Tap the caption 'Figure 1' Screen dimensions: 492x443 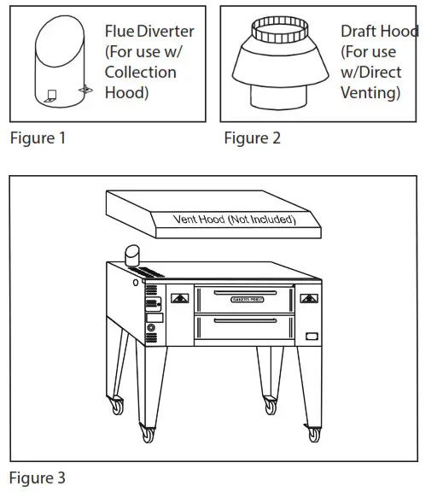[x=37, y=138]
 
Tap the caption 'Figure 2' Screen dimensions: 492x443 [x=252, y=138]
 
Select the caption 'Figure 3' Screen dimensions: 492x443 [x=37, y=476]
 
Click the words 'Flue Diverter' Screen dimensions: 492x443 [x=149, y=32]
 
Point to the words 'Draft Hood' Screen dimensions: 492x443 [x=379, y=32]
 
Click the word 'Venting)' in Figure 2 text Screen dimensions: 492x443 [x=370, y=93]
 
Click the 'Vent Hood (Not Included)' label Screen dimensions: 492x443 [x=234, y=220]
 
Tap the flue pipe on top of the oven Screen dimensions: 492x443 [x=132, y=256]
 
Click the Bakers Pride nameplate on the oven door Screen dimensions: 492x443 [x=245, y=298]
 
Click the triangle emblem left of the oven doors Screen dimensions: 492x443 [x=180, y=298]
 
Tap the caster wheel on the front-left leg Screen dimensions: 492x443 [x=149, y=434]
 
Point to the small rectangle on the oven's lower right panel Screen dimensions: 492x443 [x=313, y=334]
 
